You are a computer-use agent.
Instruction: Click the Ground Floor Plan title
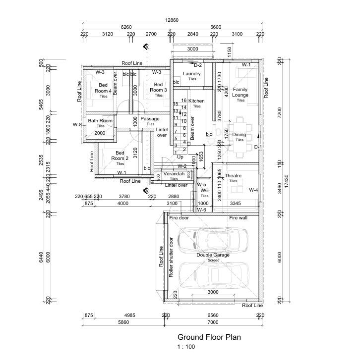[x=209, y=337]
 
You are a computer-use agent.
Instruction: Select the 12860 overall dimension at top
[x=172, y=20]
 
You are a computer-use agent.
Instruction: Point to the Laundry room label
[x=192, y=74]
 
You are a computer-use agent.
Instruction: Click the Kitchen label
[x=196, y=101]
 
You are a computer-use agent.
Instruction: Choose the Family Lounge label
[x=240, y=92]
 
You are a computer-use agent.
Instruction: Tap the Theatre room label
[x=233, y=176]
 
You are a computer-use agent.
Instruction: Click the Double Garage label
[x=213, y=255]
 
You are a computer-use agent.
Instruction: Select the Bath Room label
[x=100, y=121]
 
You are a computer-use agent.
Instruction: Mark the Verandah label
[x=174, y=174]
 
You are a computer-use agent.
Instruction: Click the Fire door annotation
[x=179, y=218]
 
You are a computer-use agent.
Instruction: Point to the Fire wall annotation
[x=238, y=218]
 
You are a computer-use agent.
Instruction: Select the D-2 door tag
[x=197, y=65]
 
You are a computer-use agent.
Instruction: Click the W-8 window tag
[x=77, y=124]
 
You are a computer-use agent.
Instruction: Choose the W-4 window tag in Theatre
[x=253, y=190]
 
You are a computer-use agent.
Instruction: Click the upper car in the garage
[x=213, y=240]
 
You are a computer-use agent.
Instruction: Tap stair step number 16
[x=184, y=101]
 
